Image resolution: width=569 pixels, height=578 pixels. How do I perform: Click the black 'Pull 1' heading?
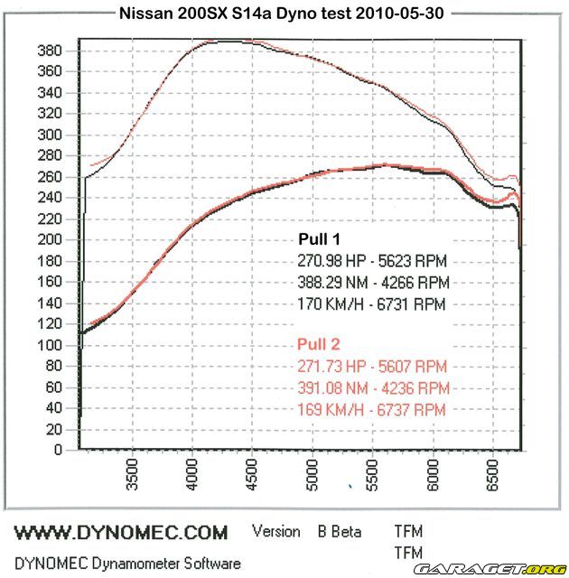tap(320, 239)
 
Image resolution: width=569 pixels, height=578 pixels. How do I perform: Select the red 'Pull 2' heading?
tap(320, 344)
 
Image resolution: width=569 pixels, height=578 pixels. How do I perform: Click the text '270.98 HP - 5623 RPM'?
tap(371, 261)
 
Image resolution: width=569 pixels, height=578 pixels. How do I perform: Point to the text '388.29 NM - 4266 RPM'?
tap(371, 283)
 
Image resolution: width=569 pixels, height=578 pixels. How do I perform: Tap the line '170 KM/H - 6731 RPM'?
tap(371, 305)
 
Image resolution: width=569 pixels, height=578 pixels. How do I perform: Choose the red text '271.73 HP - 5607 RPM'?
tap(371, 366)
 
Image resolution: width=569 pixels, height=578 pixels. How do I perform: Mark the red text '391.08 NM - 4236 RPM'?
tap(371, 387)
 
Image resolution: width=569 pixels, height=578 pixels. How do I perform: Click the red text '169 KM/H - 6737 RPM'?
tap(371, 409)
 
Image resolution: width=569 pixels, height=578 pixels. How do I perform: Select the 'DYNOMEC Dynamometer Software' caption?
tap(127, 563)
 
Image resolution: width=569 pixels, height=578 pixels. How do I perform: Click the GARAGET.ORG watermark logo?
tap(516, 568)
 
